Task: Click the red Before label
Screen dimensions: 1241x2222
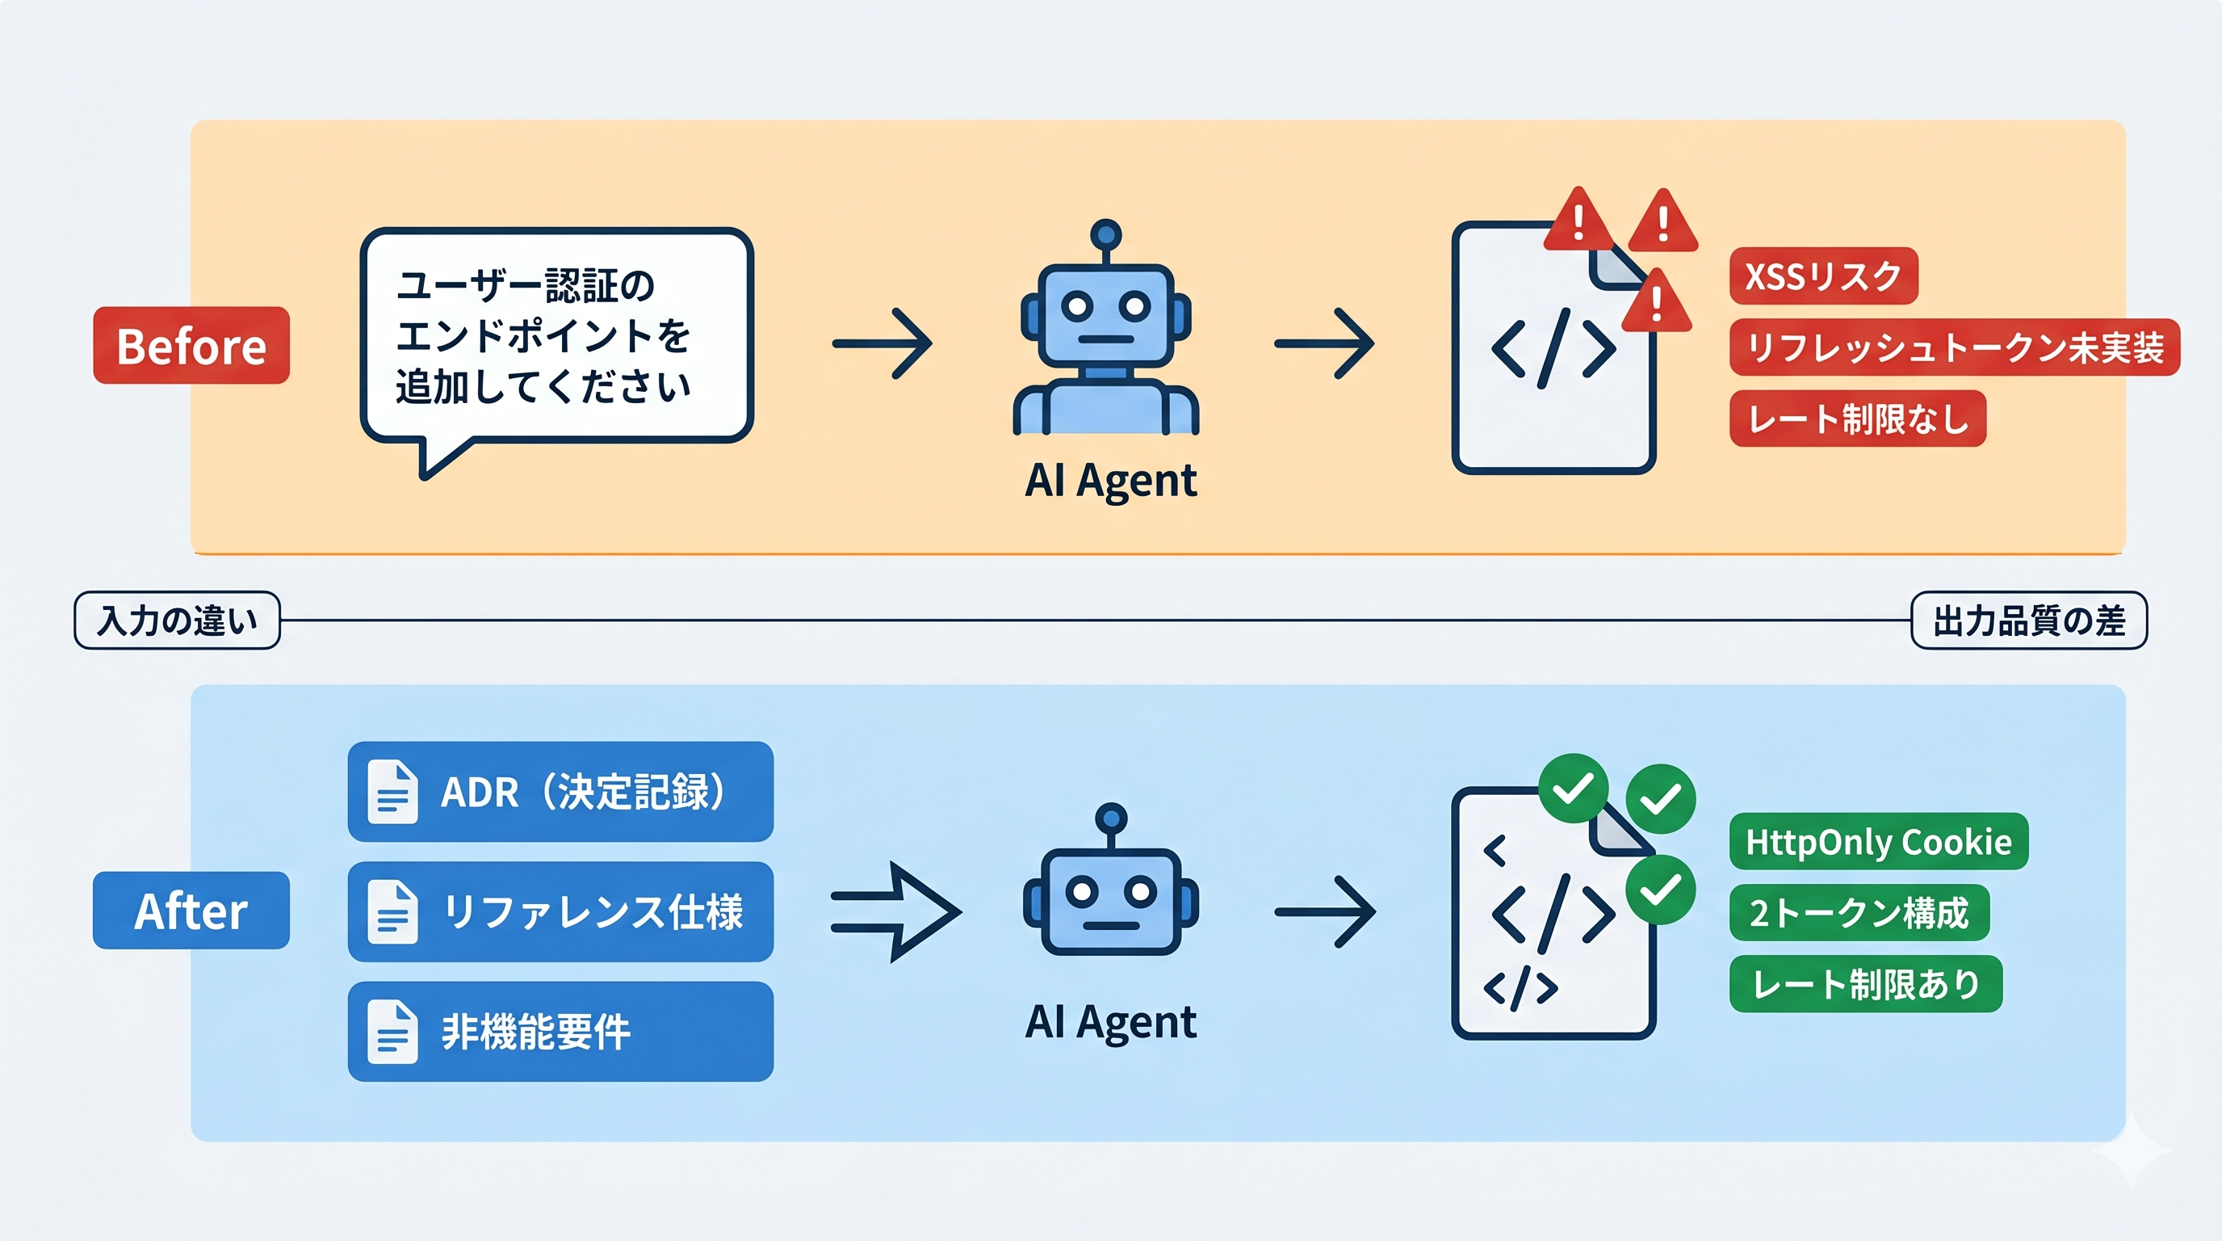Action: pos(191,345)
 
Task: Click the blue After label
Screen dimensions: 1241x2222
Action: pos(191,911)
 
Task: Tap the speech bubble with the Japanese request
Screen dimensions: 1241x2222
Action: pos(556,337)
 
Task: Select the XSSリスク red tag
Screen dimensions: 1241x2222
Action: pos(1822,276)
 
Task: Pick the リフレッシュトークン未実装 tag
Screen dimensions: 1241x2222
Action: pos(1954,347)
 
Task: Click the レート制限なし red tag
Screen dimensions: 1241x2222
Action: pos(1857,419)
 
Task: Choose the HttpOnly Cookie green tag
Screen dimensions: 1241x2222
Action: pos(1878,841)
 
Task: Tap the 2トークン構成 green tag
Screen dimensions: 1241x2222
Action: pos(1858,913)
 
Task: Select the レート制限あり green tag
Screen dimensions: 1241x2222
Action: pos(1865,984)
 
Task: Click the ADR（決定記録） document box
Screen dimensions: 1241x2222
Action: pos(560,791)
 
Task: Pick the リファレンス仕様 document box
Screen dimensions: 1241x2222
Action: pos(560,911)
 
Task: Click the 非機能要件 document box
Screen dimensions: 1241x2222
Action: pos(560,1031)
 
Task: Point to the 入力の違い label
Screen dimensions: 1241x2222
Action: pos(177,620)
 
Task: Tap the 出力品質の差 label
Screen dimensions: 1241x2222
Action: pos(2028,620)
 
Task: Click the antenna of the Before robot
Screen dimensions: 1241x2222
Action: pos(1105,235)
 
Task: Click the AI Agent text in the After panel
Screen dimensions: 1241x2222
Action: pos(1110,1022)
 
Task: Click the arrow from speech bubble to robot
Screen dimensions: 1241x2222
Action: pos(882,343)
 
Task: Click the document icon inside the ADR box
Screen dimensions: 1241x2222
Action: pos(392,791)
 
